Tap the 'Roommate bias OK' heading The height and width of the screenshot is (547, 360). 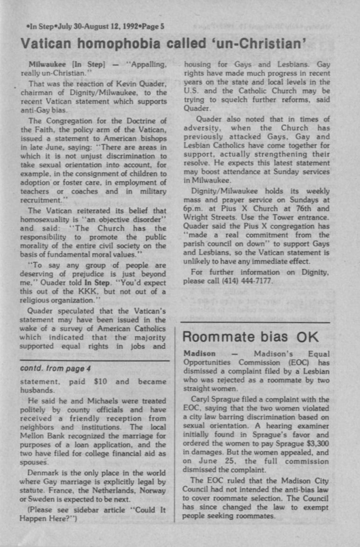tap(250, 337)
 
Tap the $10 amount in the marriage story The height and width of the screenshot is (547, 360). tap(101, 382)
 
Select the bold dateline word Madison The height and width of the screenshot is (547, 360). tap(200, 354)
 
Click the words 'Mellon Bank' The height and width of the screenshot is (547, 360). tap(38, 436)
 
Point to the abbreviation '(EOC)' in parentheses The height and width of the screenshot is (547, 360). tap(291, 362)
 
